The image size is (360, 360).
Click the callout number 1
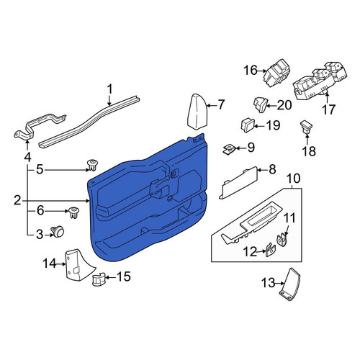tap(109, 89)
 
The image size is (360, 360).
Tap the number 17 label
tap(328, 109)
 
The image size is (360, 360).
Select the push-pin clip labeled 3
tap(58, 232)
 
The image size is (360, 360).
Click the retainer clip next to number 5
tap(91, 165)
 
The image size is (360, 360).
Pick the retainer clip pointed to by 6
tap(74, 213)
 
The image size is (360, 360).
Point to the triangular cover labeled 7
tap(197, 112)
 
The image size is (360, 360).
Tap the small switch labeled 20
tap(261, 104)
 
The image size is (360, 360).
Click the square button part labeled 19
tap(247, 125)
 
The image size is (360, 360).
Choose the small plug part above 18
tap(307, 127)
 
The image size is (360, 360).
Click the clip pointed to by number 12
tap(270, 250)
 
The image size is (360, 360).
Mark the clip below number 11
tap(282, 240)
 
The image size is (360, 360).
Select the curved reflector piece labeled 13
tap(290, 284)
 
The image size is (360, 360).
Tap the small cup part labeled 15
tap(99, 279)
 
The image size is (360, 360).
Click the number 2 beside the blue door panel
tap(17, 200)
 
